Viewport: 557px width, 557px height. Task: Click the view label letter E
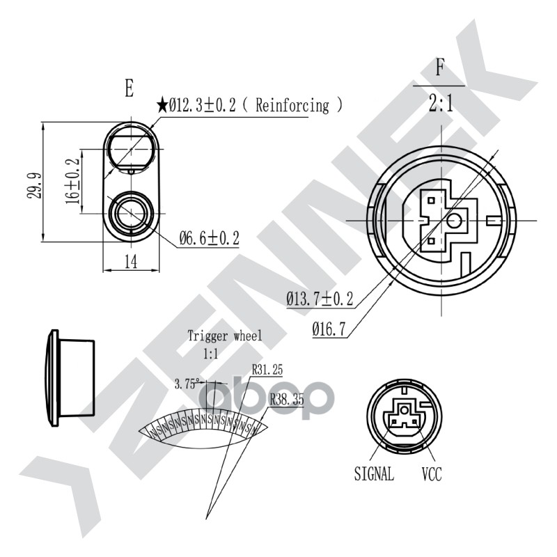(129, 88)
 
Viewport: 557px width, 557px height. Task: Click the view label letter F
(439, 68)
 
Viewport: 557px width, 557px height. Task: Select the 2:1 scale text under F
(440, 104)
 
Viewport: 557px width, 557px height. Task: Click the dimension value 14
(131, 262)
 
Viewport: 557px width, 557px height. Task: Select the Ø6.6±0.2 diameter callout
(209, 239)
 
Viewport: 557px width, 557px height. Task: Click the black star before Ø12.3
(162, 107)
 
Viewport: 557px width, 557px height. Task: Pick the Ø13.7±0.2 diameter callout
(320, 299)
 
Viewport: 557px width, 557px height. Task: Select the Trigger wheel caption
(225, 336)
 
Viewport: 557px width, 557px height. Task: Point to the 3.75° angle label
(187, 383)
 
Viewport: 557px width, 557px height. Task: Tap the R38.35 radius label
(286, 400)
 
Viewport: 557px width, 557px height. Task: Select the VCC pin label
(431, 475)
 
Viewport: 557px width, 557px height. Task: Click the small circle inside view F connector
(455, 221)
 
